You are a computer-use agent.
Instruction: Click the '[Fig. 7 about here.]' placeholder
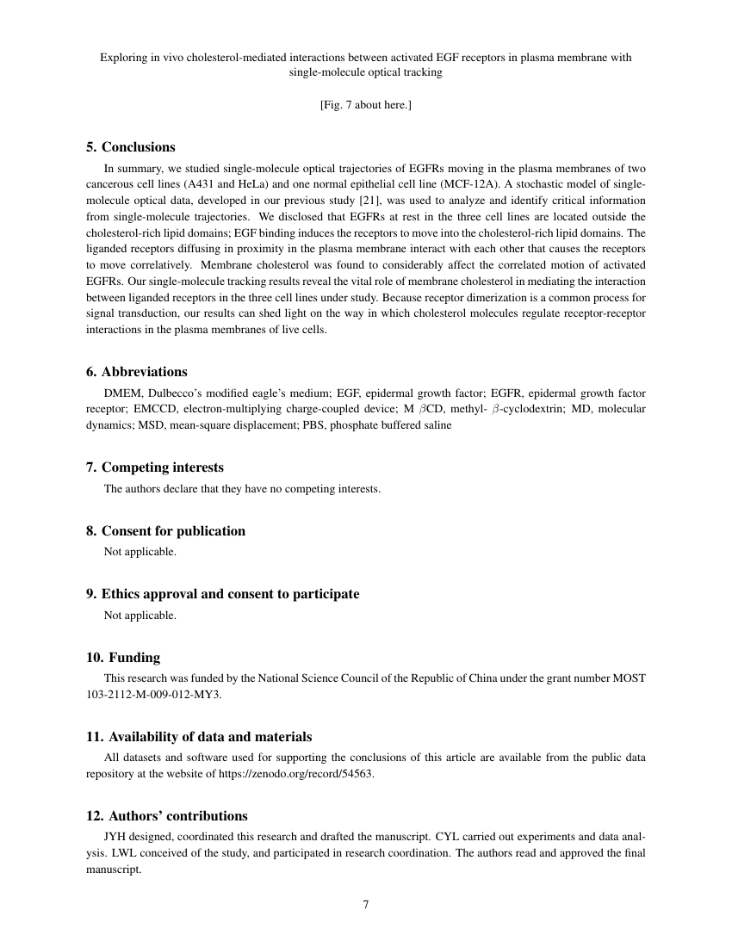point(365,105)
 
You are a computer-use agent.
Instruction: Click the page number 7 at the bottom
point(366,905)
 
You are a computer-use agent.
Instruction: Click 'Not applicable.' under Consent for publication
point(140,552)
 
